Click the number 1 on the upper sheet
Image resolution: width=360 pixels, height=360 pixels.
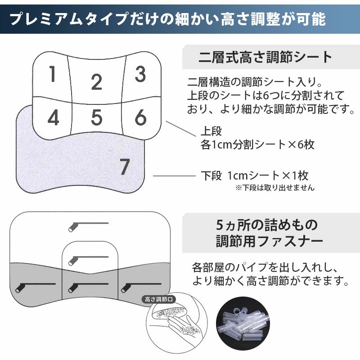pos(53,75)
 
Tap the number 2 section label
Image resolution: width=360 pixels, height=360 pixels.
pos(96,83)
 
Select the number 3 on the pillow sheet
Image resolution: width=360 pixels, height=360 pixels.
pos(140,75)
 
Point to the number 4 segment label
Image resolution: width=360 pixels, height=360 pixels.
pos(53,118)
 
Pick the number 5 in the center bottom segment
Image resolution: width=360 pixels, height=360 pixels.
pos(97,117)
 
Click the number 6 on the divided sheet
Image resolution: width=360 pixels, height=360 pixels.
pos(140,117)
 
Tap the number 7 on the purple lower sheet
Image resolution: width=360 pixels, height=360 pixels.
pos(125,167)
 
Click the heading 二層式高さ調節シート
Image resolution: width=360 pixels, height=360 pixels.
pos(265,58)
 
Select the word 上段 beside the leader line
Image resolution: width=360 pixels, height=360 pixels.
pos(211,132)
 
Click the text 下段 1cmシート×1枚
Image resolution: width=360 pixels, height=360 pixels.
pos(254,175)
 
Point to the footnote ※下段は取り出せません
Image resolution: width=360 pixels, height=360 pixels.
pos(274,188)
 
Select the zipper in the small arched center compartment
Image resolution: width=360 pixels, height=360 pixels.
pos(88,259)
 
